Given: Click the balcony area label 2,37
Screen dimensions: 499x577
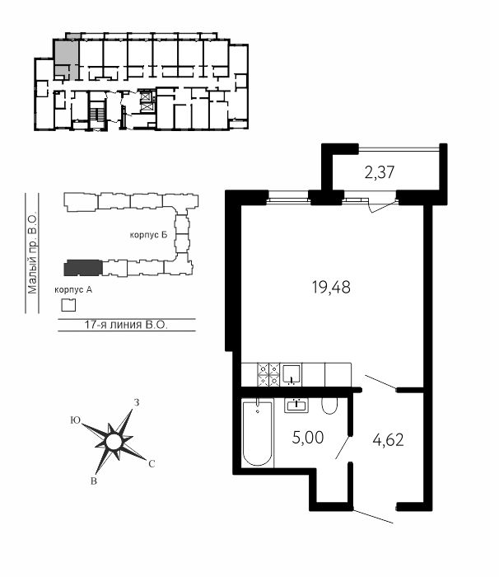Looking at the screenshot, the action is click(x=380, y=172).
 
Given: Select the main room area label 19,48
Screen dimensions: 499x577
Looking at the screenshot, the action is click(x=331, y=287).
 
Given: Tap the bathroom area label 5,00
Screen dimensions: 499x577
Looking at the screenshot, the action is click(x=308, y=438).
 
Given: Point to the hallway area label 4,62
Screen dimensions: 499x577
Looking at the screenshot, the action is click(x=388, y=439).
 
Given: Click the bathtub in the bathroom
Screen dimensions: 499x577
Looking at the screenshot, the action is click(x=258, y=434).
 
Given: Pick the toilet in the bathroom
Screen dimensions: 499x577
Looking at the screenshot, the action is click(x=329, y=406).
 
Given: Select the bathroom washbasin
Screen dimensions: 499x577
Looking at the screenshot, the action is click(x=296, y=406).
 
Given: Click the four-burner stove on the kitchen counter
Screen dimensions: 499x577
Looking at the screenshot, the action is click(x=268, y=374).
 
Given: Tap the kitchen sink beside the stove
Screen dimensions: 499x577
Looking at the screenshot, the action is click(x=291, y=374).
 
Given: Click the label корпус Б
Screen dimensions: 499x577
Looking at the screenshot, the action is click(x=148, y=235).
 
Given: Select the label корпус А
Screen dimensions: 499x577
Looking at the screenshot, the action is click(x=73, y=290).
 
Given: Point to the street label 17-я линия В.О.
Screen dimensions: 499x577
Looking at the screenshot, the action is click(x=126, y=325).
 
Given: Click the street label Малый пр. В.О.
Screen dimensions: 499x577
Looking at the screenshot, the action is click(x=32, y=253).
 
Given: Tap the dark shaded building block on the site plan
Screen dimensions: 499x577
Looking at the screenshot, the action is click(x=83, y=268).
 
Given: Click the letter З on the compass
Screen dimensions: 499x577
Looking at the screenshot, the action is click(x=137, y=402).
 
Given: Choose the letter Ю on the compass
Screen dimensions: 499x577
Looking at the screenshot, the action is click(x=76, y=420).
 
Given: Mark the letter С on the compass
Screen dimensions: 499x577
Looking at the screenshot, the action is click(x=152, y=464).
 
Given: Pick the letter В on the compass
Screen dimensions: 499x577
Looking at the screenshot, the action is click(x=94, y=481).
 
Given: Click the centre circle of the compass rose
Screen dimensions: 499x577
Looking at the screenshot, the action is click(x=114, y=442).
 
